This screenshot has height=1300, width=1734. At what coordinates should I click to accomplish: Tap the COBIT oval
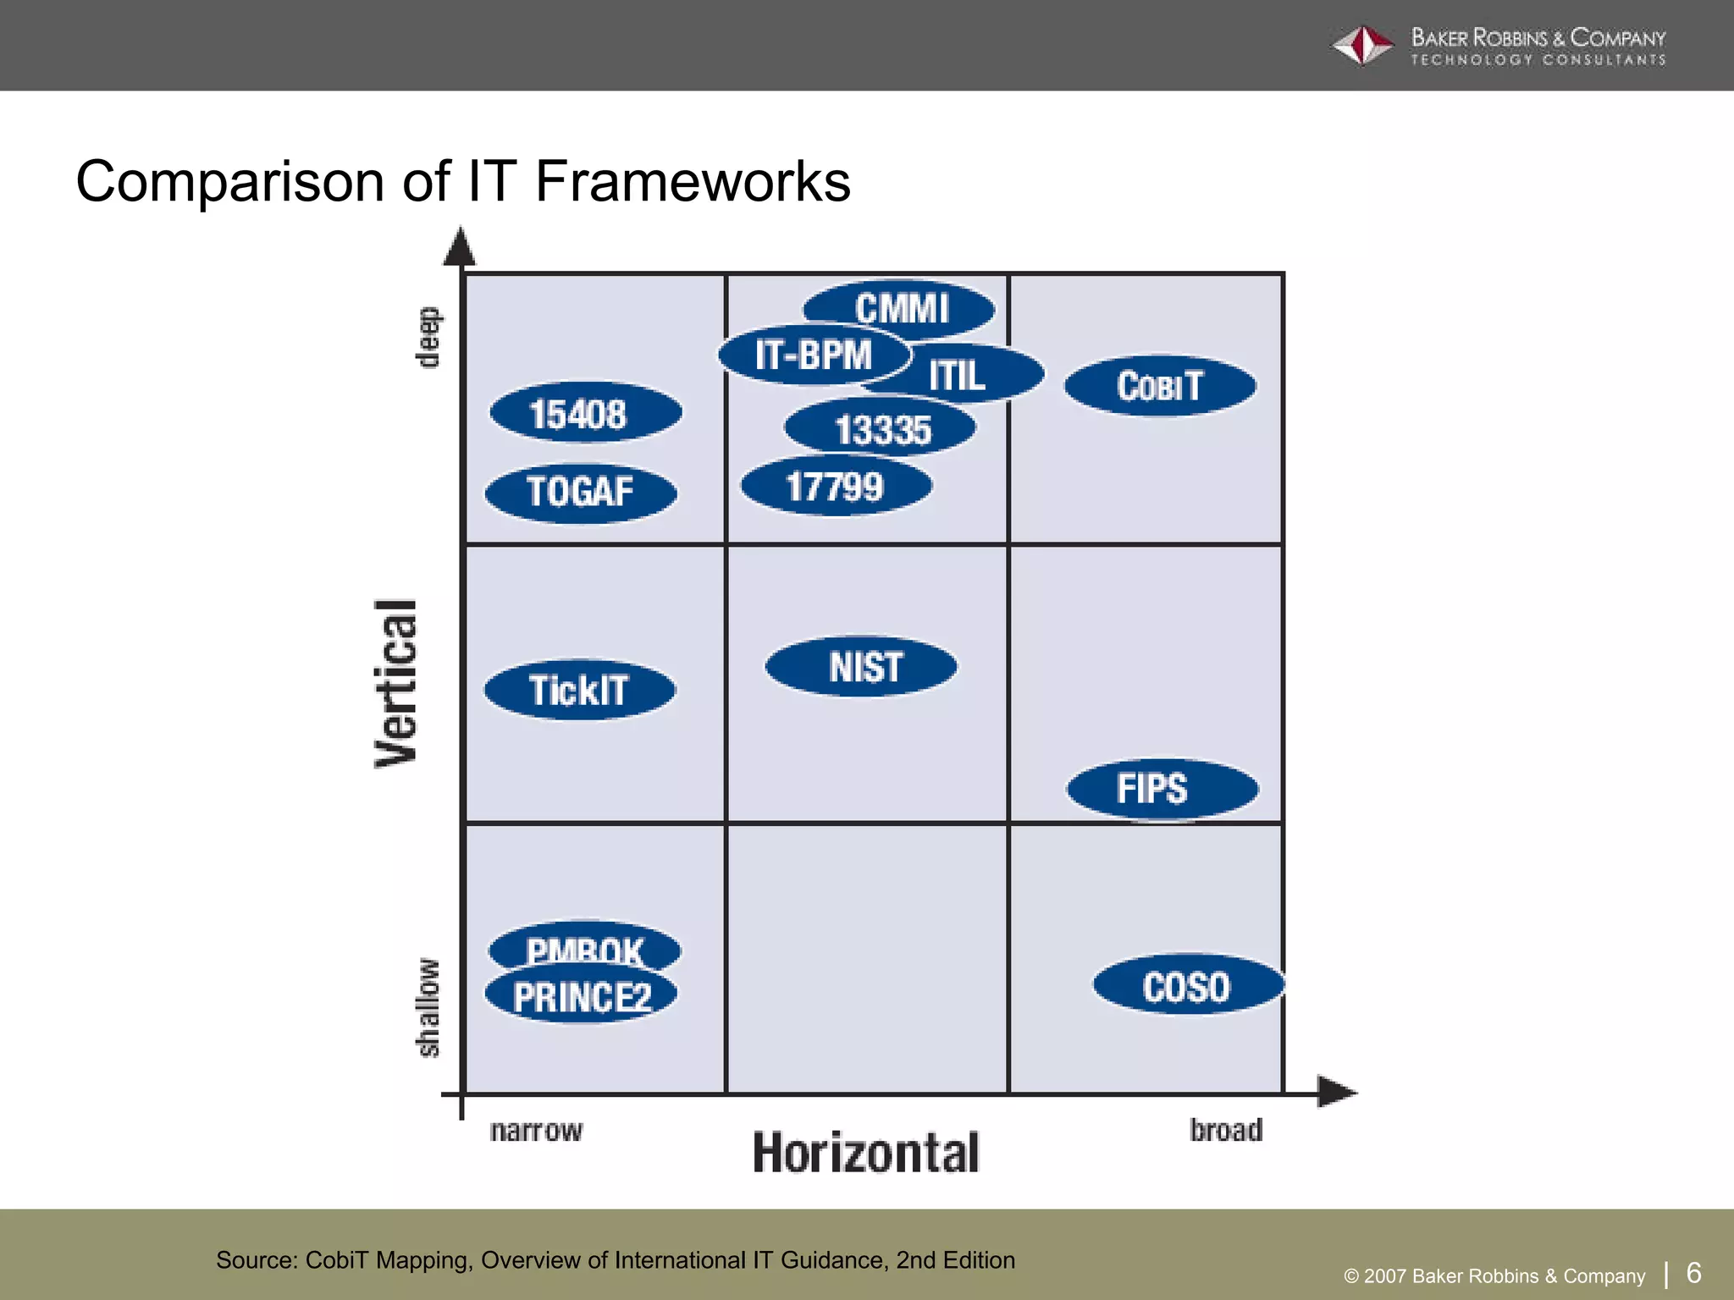click(1160, 386)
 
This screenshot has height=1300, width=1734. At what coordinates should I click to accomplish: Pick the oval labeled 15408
click(585, 413)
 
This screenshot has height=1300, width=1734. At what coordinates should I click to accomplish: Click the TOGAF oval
click(581, 492)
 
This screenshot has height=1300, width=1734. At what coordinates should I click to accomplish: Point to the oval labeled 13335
click(881, 428)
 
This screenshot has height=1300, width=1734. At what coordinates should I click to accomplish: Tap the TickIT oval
click(580, 690)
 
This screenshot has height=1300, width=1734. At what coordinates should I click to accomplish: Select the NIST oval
click(862, 667)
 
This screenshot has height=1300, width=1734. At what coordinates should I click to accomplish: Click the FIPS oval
click(1162, 789)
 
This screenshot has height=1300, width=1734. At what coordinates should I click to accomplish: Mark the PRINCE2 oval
click(581, 996)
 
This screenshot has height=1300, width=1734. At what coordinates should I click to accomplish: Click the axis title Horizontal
click(865, 1153)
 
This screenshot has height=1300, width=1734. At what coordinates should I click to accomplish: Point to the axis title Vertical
click(396, 684)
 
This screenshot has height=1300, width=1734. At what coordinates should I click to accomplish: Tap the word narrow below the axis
click(536, 1130)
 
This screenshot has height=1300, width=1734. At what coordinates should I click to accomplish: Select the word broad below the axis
click(1225, 1130)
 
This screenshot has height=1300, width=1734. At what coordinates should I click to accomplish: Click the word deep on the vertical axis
click(428, 337)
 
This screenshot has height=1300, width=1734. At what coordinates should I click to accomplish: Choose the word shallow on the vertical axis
click(428, 1007)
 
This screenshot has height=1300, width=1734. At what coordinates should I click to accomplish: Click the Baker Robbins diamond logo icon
click(1362, 46)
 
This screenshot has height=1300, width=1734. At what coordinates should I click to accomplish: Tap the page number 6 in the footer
click(1693, 1272)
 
